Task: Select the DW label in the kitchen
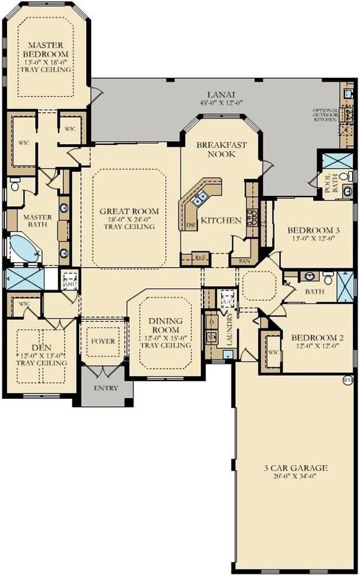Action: [191, 225]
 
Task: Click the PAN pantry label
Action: [244, 261]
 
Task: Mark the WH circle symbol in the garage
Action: [346, 379]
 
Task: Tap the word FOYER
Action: [103, 341]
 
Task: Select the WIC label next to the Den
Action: [25, 304]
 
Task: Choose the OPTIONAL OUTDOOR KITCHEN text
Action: [326, 116]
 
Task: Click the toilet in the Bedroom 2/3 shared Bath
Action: [328, 278]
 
